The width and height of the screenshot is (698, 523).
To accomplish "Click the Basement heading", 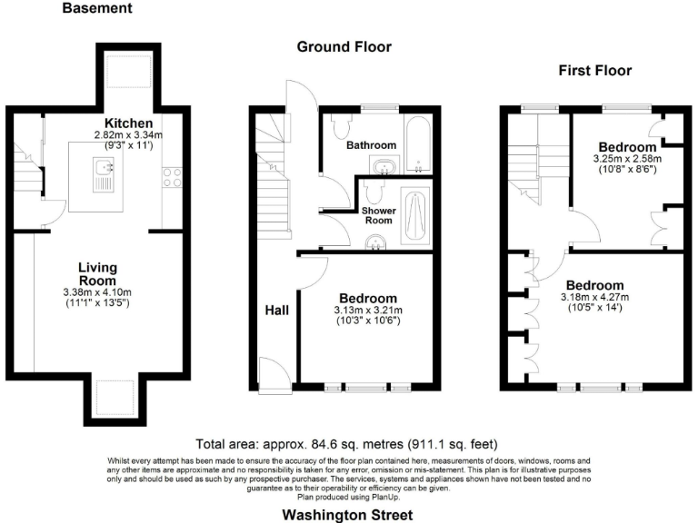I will [x=96, y=9].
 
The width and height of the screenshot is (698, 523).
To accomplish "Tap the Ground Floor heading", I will [x=344, y=46].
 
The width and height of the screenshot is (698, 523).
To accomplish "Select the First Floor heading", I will [x=594, y=70].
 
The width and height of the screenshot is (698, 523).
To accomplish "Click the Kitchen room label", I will [x=128, y=123].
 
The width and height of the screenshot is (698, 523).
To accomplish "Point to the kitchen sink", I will [x=105, y=168].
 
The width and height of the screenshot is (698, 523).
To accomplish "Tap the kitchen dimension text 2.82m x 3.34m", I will [x=128, y=135].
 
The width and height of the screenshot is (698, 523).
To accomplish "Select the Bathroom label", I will [x=371, y=145].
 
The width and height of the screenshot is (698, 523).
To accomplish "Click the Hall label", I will [x=276, y=311].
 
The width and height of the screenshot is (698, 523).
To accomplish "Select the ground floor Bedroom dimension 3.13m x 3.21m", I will [x=367, y=310].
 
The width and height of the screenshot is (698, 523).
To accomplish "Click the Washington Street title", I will [x=347, y=514].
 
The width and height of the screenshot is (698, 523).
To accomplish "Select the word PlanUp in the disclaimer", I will [x=384, y=497].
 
